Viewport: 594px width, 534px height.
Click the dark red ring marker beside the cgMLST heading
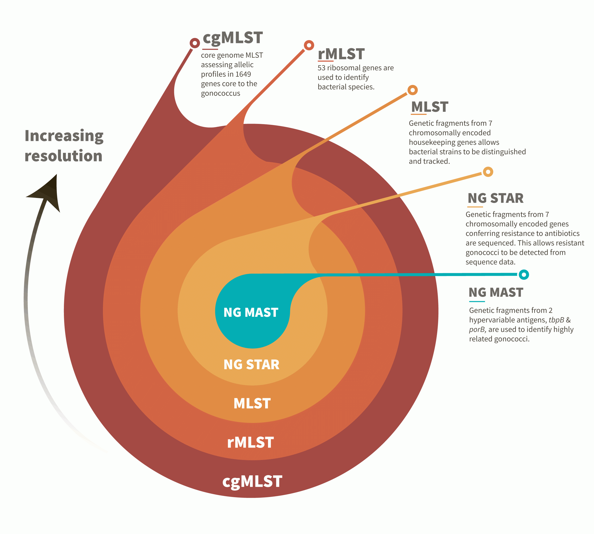194,43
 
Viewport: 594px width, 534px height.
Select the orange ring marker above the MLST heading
412,90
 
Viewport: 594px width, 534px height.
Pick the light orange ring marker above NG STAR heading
488,172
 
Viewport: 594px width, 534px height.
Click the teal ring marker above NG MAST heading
524,275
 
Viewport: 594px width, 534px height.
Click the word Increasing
64,136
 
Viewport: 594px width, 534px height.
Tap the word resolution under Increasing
63,156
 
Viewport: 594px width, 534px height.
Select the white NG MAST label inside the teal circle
251,313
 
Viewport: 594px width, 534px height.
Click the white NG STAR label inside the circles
251,365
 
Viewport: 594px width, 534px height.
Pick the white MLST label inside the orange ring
252,403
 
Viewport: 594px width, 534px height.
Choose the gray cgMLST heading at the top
233,38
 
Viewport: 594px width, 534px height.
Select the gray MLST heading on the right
430,107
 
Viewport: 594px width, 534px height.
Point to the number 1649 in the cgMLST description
243,74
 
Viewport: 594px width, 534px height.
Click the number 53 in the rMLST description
321,68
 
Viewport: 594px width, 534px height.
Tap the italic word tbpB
556,320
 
